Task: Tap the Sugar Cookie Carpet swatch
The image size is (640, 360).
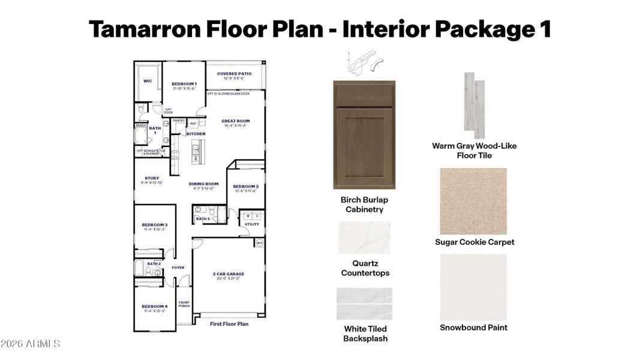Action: click(x=473, y=201)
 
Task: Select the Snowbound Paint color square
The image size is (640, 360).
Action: click(x=473, y=287)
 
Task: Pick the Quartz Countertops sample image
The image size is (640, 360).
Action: click(x=364, y=237)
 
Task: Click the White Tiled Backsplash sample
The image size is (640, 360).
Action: click(x=364, y=304)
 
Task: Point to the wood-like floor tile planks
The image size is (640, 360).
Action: click(x=474, y=106)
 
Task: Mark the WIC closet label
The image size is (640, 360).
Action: click(x=148, y=81)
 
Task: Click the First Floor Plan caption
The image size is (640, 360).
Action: click(x=229, y=324)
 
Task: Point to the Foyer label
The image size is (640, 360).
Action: click(x=178, y=268)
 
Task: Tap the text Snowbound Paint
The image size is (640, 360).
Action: click(x=473, y=328)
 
